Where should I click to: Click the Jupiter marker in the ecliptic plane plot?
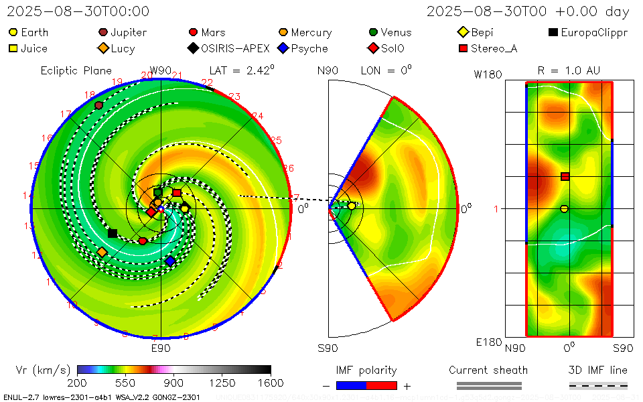(99, 105)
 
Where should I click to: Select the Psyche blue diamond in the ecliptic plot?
(170, 261)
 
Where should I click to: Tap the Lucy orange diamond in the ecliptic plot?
(102, 252)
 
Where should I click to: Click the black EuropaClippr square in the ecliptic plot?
(113, 233)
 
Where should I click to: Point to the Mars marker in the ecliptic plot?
(143, 241)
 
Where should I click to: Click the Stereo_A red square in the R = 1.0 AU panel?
(565, 176)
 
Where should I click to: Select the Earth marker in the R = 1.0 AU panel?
(564, 209)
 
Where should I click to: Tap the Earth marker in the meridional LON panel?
(352, 206)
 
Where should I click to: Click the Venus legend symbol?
(373, 32)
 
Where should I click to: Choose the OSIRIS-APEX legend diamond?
(193, 48)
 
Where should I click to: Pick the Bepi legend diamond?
(463, 32)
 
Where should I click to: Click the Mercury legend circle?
(283, 32)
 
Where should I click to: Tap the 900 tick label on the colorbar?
(174, 383)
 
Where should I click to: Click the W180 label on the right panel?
(489, 74)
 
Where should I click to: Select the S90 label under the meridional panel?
(328, 348)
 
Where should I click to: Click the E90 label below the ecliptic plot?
(161, 348)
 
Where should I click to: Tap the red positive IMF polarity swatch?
(382, 385)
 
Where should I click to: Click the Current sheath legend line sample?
(488, 385)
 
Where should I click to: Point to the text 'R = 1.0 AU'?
(569, 70)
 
